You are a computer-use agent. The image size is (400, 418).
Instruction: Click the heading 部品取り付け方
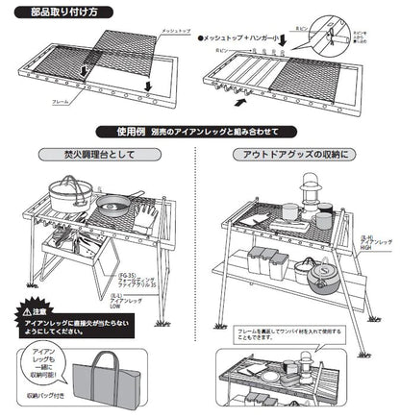click(58, 13)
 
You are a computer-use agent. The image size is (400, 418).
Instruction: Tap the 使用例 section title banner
click(199, 131)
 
